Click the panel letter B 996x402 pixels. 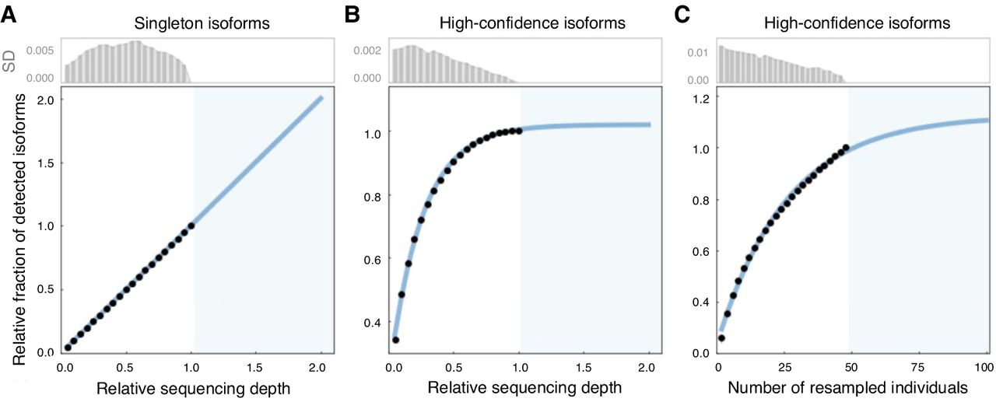pos(352,14)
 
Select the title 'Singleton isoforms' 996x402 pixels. pos(205,23)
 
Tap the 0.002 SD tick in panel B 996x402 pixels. pos(369,51)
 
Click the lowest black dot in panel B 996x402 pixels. pos(395,339)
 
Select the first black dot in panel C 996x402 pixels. pos(721,337)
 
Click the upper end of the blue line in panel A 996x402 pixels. pos(321,97)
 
